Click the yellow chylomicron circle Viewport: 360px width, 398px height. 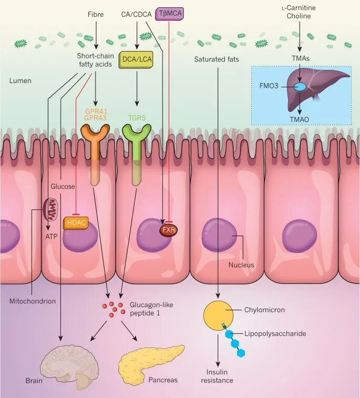click(218, 315)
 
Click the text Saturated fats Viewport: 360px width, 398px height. click(216, 59)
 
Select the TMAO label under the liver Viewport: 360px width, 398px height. click(300, 119)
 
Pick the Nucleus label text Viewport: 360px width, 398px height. click(241, 265)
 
